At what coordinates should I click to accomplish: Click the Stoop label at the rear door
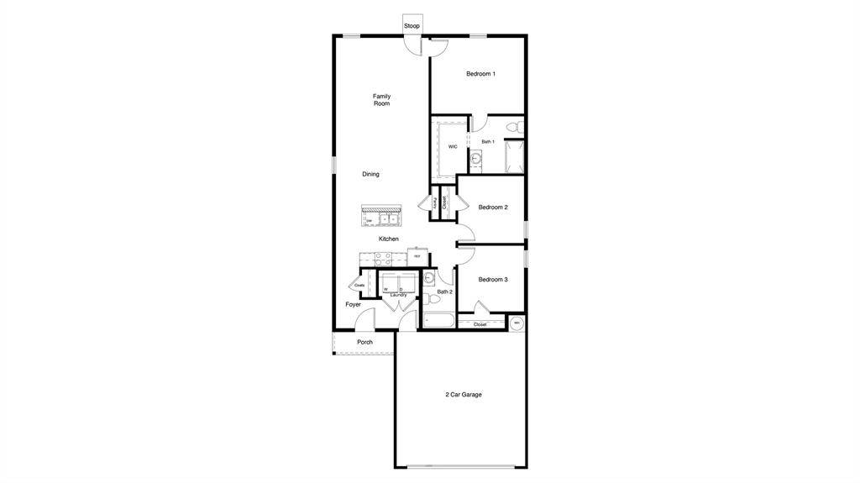click(x=412, y=26)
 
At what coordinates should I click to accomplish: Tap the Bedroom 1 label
click(x=480, y=74)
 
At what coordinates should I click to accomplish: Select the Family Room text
click(x=382, y=100)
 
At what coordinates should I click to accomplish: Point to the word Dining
click(x=370, y=174)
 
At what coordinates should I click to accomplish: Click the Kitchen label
click(x=388, y=239)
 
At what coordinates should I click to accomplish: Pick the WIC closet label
click(x=452, y=146)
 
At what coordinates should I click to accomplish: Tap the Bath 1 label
click(x=487, y=142)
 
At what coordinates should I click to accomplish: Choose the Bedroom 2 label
click(x=493, y=207)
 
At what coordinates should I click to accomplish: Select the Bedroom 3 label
click(x=493, y=280)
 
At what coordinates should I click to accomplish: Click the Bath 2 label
click(x=444, y=291)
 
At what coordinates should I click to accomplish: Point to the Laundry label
click(x=398, y=295)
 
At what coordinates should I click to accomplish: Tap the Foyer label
click(x=354, y=304)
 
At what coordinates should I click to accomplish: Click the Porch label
click(x=364, y=342)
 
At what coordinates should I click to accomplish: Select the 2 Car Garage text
click(x=464, y=394)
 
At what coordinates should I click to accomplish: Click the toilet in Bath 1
click(x=519, y=128)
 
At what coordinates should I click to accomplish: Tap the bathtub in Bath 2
click(x=438, y=320)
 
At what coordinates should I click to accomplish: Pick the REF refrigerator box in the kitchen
click(x=417, y=255)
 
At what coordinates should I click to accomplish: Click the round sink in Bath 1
click(x=475, y=158)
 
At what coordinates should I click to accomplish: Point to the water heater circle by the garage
click(x=517, y=322)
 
